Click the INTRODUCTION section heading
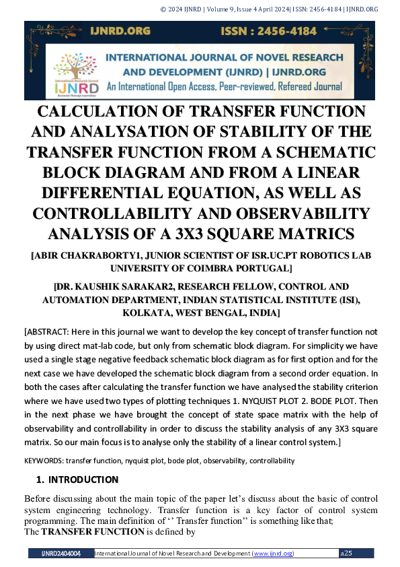pos(83,480)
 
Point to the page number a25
pos(347,554)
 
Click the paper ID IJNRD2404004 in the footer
pos(61,554)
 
